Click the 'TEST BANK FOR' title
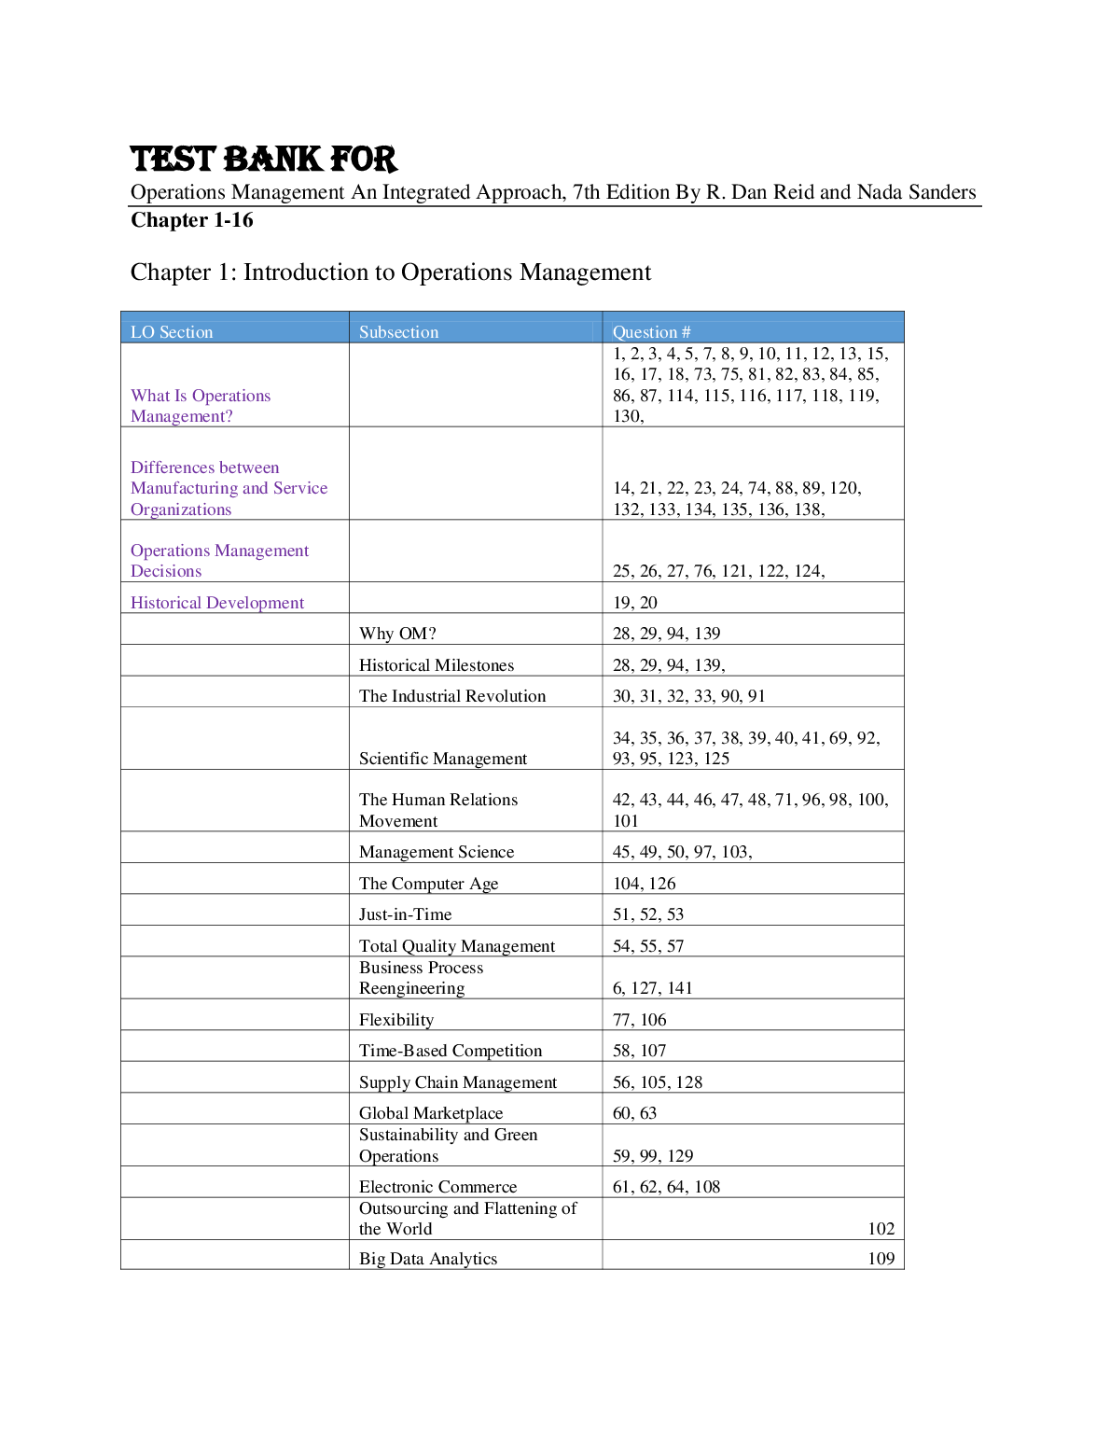click(x=264, y=160)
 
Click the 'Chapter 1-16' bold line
click(x=192, y=220)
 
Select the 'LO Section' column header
click(x=172, y=332)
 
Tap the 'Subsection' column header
click(x=398, y=332)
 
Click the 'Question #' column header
click(x=651, y=332)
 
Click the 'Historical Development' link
click(x=217, y=603)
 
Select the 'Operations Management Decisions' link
click(x=219, y=561)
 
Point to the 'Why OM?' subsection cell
click(x=397, y=634)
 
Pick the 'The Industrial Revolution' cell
click(x=452, y=696)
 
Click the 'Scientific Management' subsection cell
click(x=443, y=759)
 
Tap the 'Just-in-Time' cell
click(x=405, y=914)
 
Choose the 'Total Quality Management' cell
click(x=457, y=946)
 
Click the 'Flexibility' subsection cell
click(x=396, y=1020)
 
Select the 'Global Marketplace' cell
click(x=431, y=1113)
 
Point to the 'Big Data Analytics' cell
click(x=428, y=1259)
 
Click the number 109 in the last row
click(x=881, y=1259)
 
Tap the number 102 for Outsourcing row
click(x=881, y=1229)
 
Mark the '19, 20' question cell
click(x=635, y=603)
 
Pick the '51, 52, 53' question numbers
click(x=648, y=914)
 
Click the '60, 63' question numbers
click(x=634, y=1113)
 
